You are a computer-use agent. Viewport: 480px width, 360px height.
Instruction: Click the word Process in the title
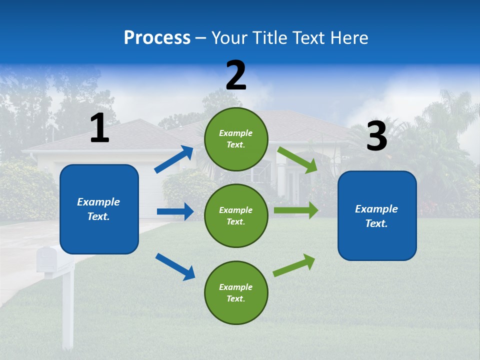pos(157,37)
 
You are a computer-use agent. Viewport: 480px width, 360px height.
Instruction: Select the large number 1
pos(99,128)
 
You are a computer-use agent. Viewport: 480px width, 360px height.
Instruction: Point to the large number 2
pos(236,75)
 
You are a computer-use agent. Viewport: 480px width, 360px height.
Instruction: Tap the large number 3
pos(376,136)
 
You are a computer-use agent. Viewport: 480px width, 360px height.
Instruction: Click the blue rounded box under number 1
pos(99,209)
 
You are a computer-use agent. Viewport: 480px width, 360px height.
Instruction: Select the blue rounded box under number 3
pos(377,215)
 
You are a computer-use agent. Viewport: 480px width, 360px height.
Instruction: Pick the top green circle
pos(236,138)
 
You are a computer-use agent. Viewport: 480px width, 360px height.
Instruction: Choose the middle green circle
pos(236,215)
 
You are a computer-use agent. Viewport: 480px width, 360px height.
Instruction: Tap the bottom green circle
pos(236,292)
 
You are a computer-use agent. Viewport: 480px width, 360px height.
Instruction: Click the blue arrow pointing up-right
pos(174,159)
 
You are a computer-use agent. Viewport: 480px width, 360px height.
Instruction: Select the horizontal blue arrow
pos(175,211)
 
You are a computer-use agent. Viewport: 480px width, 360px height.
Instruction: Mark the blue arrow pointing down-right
pos(175,266)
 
